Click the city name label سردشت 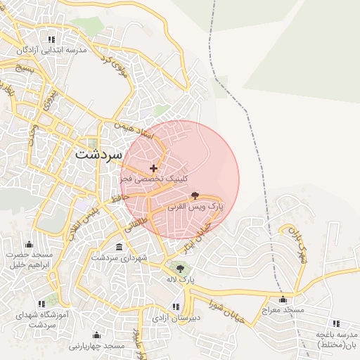[x=98, y=153]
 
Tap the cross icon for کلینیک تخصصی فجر [x=153, y=168]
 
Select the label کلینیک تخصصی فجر [x=154, y=179]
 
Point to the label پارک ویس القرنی [x=195, y=208]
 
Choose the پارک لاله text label [x=179, y=280]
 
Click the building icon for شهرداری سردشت [x=118, y=247]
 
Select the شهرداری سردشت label [x=118, y=259]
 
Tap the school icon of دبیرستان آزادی [x=175, y=307]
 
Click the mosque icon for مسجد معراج [x=283, y=300]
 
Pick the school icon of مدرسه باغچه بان [x=335, y=323]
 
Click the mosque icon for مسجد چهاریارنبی [x=96, y=335]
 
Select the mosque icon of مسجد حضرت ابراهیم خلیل [x=28, y=245]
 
